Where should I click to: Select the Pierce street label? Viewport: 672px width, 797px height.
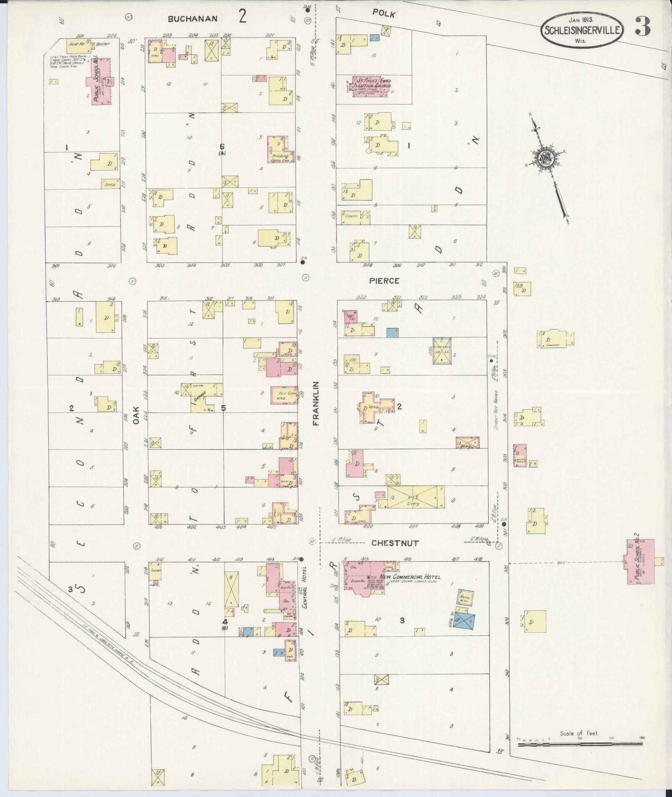tap(384, 281)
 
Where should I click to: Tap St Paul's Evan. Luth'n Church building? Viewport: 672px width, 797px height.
tap(371, 87)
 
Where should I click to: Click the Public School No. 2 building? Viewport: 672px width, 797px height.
tap(640, 562)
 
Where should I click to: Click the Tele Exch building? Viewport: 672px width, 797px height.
tap(285, 395)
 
